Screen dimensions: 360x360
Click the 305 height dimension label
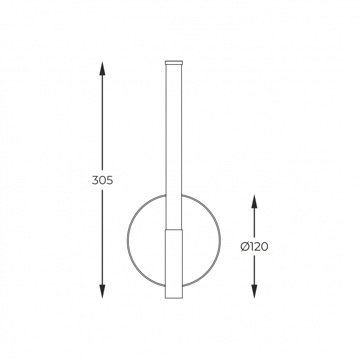point(103,180)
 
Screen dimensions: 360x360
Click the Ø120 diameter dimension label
point(254,247)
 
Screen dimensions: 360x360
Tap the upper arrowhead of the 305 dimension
point(103,68)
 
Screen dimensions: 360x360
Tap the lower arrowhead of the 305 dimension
point(103,291)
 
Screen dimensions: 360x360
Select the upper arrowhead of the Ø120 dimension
point(254,201)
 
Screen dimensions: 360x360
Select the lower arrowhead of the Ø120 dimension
point(254,291)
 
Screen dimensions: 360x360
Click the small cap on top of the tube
point(174,63)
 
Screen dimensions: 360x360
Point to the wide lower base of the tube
point(174,264)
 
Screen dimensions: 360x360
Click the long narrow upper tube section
point(174,147)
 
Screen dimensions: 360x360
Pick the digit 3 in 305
point(95,180)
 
